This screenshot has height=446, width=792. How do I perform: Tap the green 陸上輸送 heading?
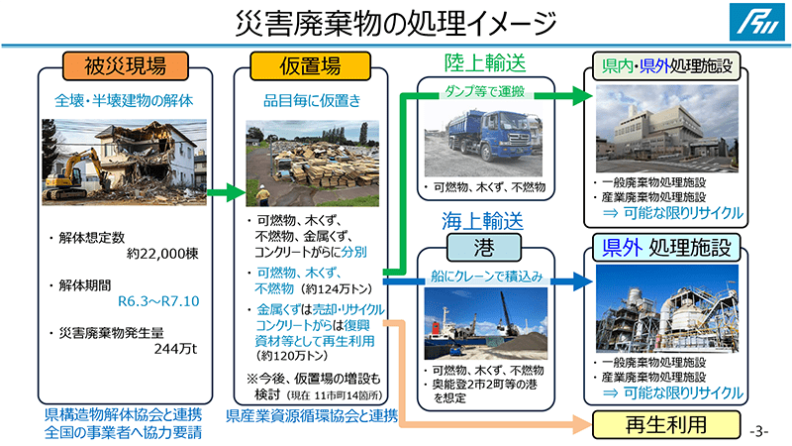pos(483,62)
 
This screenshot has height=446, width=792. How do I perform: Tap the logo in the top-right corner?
pos(764,22)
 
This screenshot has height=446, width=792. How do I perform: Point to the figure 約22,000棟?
pos(163,253)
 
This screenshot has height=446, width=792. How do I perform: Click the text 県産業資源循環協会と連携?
pos(312,415)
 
